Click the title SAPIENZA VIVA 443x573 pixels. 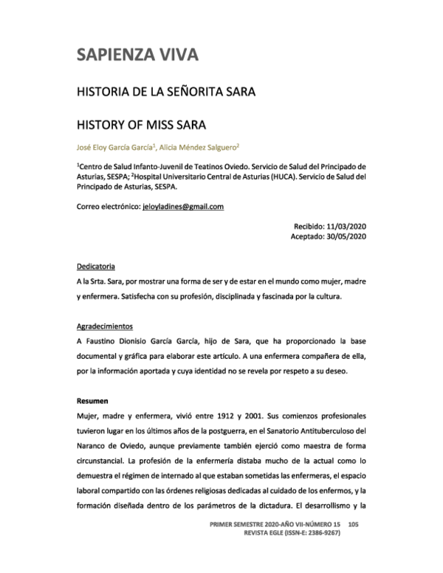pos(137,55)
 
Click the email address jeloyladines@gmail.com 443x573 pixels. pos(182,206)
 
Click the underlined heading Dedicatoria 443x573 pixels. pos(95,266)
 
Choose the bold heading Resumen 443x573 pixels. pos(92,401)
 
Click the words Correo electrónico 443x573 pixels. pos(108,206)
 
